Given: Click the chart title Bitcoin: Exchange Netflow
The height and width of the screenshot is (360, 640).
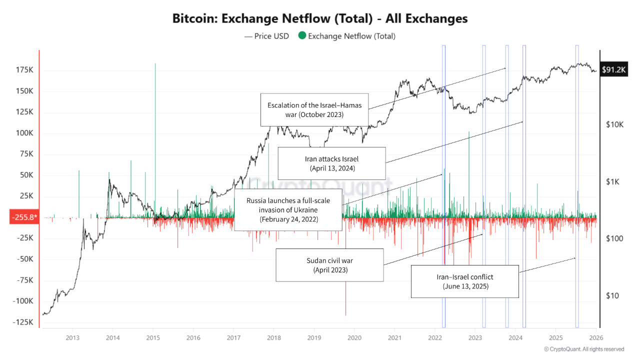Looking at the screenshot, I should click(320, 18).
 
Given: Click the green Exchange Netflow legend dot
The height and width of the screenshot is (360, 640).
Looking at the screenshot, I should click(301, 35).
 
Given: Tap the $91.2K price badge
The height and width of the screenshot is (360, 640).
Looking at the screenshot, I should click(614, 70).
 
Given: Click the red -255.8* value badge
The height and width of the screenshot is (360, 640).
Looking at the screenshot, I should click(23, 217).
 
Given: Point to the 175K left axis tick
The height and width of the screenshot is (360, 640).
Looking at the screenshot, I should click(24, 70).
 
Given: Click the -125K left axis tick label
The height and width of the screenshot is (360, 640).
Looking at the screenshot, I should click(23, 322).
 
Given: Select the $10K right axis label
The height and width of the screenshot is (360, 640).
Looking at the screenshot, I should click(614, 124).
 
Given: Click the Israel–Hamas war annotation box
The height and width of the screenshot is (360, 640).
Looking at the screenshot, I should click(314, 109).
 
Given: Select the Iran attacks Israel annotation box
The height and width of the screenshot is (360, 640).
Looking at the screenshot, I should click(331, 163).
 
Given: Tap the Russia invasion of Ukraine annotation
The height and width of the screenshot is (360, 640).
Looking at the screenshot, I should click(288, 209).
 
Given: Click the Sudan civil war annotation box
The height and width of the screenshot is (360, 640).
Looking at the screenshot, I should click(329, 265).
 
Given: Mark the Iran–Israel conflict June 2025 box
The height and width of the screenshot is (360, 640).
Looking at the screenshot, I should click(465, 281).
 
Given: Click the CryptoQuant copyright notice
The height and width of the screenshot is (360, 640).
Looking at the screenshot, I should click(583, 349).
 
